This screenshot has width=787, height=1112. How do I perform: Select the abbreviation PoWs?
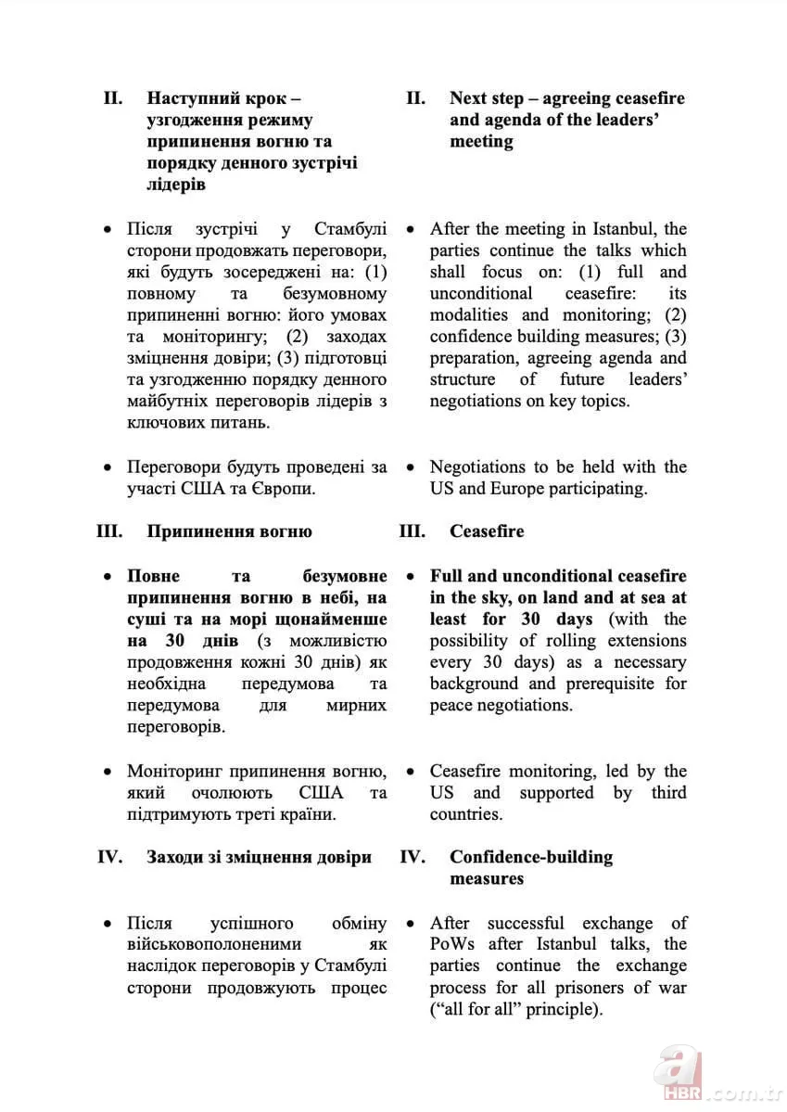pos(453,944)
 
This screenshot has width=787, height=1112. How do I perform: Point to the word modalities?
pos(471,314)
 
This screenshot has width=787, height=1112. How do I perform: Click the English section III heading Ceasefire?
pos(487,531)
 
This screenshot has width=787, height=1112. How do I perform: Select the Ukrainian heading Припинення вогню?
pos(229,531)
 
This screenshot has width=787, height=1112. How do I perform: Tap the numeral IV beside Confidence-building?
pos(413,856)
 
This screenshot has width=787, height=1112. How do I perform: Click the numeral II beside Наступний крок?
pos(113,98)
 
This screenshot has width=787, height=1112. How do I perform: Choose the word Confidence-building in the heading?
pos(531,856)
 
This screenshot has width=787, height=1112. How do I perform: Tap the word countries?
pos(465,814)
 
